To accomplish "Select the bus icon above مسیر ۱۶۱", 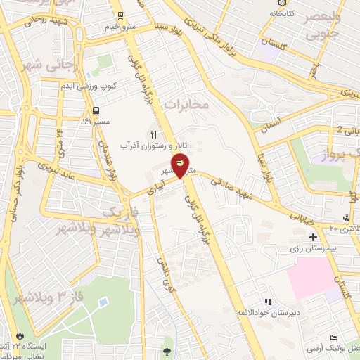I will click(96, 111).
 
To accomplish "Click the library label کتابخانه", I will click(283, 13).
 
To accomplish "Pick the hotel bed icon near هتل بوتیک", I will click(333, 339).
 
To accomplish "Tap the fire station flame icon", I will click(21, 335).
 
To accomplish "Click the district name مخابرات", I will click(187, 104).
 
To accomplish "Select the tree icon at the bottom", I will click(167, 351).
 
